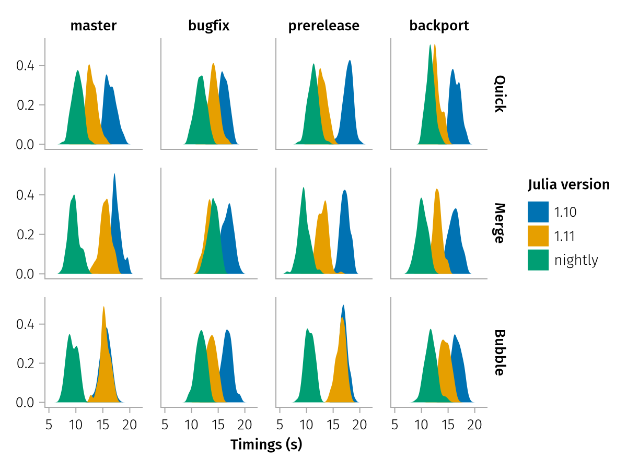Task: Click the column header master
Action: click(94, 26)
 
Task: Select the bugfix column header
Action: click(209, 26)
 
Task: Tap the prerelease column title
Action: click(324, 26)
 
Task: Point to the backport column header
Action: click(439, 26)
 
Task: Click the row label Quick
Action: click(500, 94)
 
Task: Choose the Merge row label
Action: click(500, 223)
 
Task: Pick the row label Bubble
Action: click(500, 352)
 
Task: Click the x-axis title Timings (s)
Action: click(266, 445)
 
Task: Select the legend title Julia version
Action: click(568, 184)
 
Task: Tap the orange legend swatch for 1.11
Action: click(538, 236)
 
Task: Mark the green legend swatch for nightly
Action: click(538, 260)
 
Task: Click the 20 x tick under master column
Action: click(130, 424)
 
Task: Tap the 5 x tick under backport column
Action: click(394, 424)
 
